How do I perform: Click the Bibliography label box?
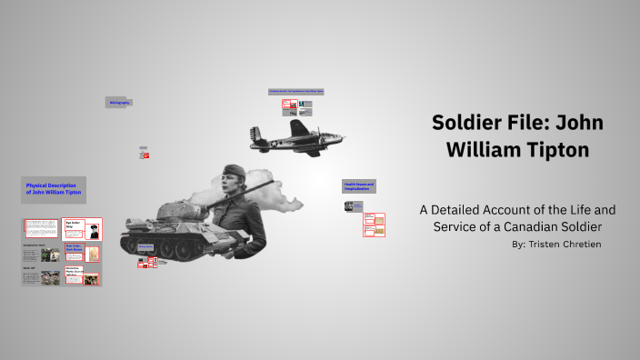(119, 103)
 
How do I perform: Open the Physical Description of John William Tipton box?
(54, 189)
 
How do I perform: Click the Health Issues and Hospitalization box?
(358, 185)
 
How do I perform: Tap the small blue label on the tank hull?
(146, 245)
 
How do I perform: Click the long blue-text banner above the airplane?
(296, 92)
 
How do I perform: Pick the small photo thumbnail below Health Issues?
(349, 206)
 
